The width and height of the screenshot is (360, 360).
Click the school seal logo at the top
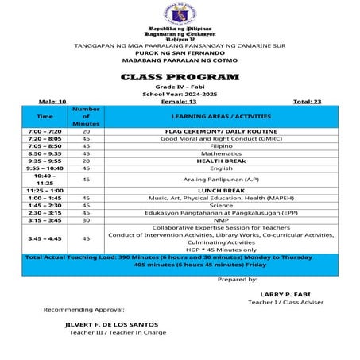tap(180, 14)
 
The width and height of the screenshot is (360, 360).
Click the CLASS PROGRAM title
tap(180, 77)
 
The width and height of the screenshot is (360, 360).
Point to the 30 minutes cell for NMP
tap(86, 220)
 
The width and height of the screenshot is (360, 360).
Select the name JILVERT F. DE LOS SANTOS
tap(111, 324)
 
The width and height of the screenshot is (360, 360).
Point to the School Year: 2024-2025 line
tap(180, 94)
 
